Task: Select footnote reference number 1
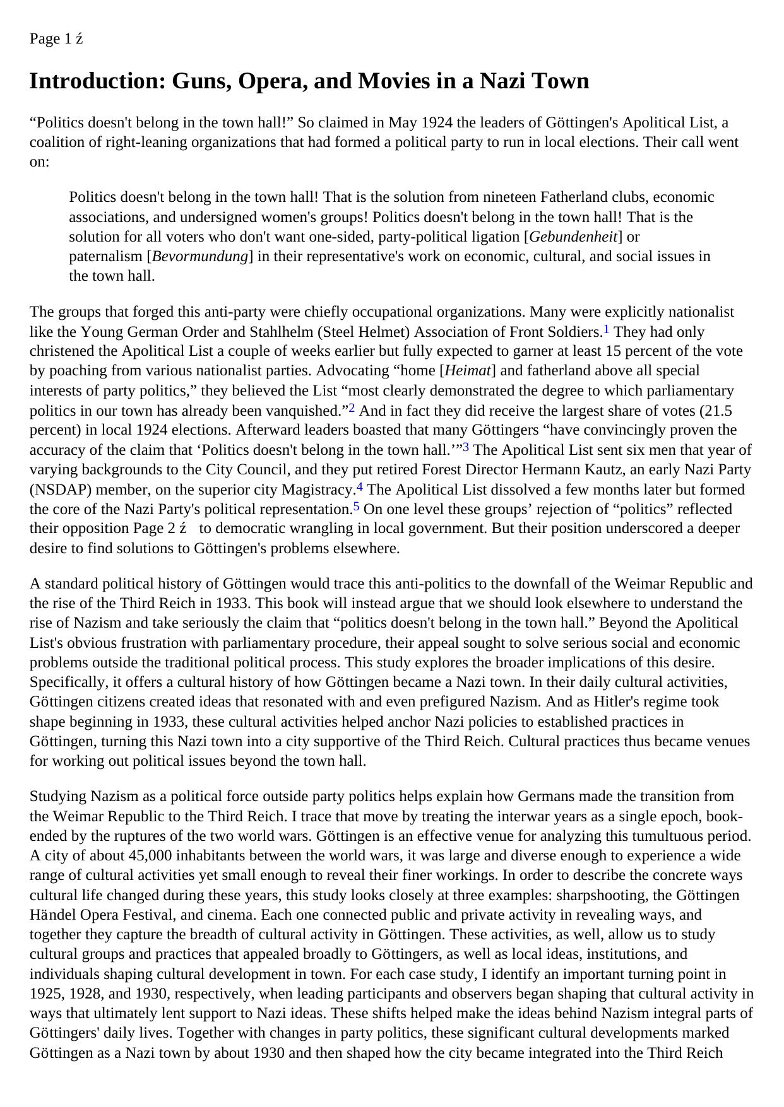606,329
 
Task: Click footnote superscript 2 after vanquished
352,407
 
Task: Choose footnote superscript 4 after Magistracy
360,486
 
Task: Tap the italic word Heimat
468,370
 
